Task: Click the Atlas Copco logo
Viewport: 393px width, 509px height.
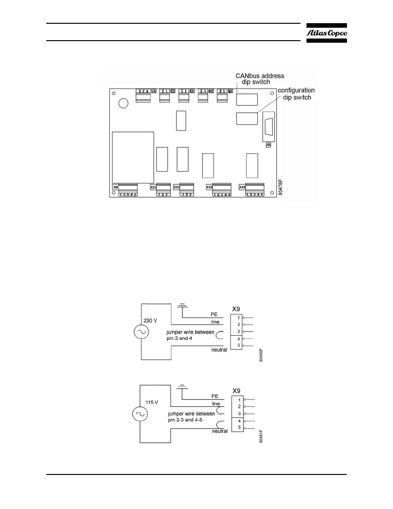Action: click(327, 33)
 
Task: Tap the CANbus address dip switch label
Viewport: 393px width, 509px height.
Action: click(260, 79)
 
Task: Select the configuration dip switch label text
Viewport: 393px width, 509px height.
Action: click(296, 94)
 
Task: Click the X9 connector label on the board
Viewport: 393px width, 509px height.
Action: click(115, 187)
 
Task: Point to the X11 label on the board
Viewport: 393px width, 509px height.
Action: click(153, 187)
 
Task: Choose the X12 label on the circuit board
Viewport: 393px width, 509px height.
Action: click(177, 187)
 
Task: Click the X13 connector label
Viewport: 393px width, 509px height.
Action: click(209, 187)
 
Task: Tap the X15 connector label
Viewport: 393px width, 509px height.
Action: click(242, 187)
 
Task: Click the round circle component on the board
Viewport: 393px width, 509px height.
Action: click(123, 103)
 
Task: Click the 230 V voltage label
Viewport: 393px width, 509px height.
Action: click(150, 321)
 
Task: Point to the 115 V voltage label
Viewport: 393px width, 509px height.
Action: click(152, 402)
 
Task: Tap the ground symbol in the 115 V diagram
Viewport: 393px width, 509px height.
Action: click(182, 387)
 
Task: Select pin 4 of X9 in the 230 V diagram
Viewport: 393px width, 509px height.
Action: click(239, 339)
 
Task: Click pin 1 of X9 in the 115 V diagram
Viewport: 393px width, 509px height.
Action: click(239, 400)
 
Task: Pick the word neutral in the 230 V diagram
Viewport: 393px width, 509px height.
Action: click(219, 350)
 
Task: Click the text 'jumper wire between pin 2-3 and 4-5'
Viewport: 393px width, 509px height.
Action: click(191, 417)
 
